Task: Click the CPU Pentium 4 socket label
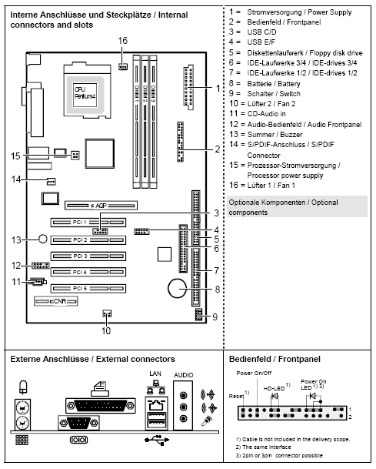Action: coord(85,92)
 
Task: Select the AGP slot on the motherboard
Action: coord(99,206)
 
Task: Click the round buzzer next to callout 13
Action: coord(45,238)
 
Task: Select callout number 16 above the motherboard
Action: coord(123,39)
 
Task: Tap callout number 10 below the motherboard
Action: coord(105,330)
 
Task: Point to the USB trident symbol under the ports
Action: coord(155,441)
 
